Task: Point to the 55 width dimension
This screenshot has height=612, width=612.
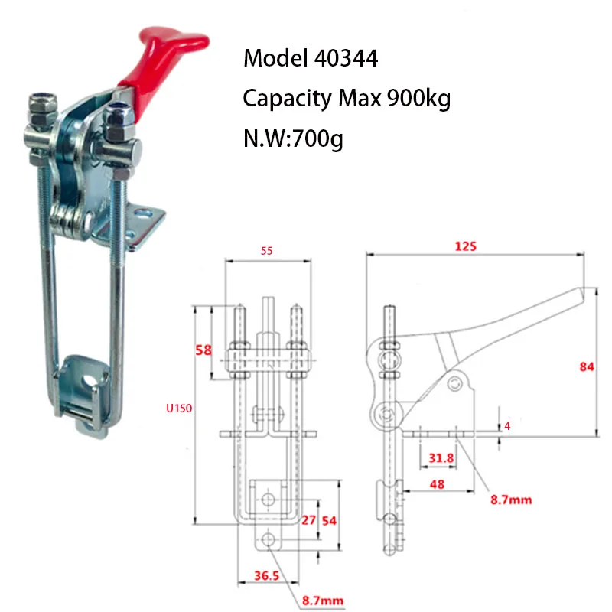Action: [266, 250]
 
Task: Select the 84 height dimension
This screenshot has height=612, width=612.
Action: [587, 367]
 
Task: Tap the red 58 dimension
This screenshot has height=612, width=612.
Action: [203, 350]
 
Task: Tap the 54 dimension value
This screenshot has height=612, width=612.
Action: [328, 521]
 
